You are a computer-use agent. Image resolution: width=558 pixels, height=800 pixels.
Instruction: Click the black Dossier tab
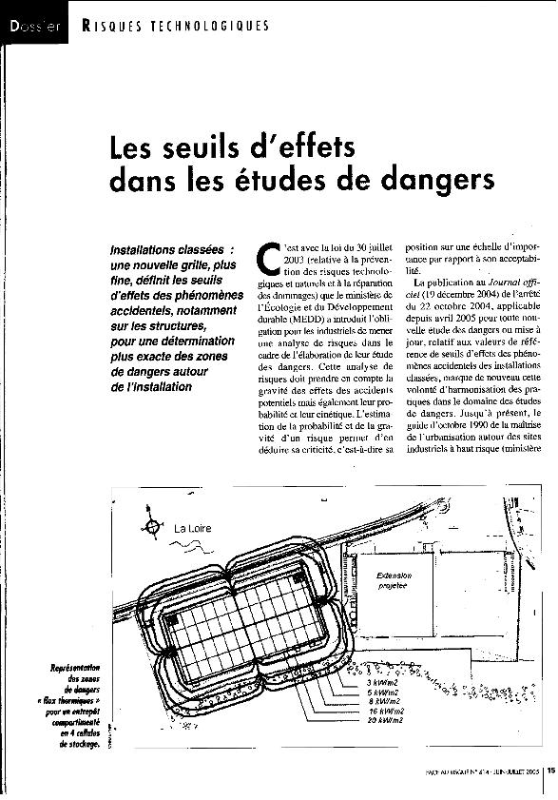tap(34, 26)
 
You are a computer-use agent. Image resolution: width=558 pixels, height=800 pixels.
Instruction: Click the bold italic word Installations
tap(151, 250)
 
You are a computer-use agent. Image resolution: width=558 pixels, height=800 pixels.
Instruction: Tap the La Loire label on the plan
tap(193, 527)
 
